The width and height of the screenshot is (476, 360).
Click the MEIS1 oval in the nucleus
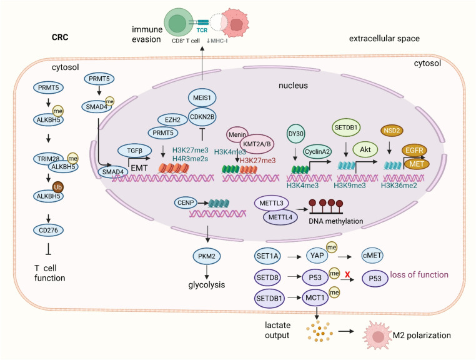click(x=202, y=98)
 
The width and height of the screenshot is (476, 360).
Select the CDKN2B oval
click(x=202, y=116)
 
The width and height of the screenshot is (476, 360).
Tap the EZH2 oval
click(x=172, y=120)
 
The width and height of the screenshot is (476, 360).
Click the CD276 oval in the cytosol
click(x=48, y=230)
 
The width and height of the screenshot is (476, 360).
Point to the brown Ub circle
click(x=57, y=187)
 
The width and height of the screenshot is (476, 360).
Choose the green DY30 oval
click(x=295, y=134)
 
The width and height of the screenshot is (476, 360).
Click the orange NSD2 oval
click(x=392, y=131)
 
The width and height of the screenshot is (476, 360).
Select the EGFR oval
click(x=414, y=150)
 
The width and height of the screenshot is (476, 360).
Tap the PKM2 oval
click(x=207, y=256)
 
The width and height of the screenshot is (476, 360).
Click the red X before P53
click(x=347, y=275)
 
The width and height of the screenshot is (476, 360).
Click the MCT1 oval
click(x=315, y=297)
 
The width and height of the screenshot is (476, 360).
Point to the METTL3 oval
click(x=271, y=203)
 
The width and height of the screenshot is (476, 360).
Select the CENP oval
click(x=186, y=202)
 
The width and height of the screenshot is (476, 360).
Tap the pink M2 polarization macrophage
click(x=377, y=336)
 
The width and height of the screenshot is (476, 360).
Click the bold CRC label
click(x=60, y=37)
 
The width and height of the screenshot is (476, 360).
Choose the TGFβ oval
click(x=135, y=151)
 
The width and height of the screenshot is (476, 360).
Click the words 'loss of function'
click(x=419, y=274)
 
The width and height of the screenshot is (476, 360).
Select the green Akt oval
click(x=365, y=149)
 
